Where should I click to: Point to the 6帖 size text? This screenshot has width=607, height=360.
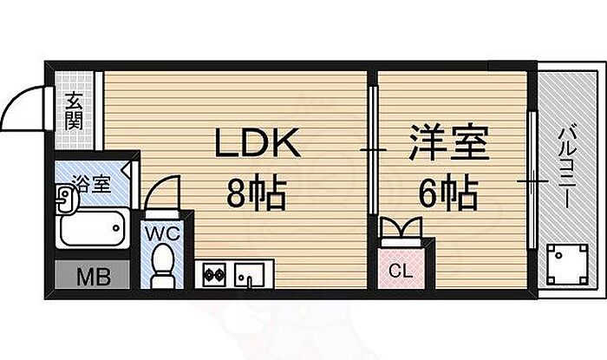tap(447, 193)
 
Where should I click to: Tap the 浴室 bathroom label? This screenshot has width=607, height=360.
tap(91, 183)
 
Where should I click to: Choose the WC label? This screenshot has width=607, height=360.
tap(161, 232)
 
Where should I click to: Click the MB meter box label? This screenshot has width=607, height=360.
tap(90, 278)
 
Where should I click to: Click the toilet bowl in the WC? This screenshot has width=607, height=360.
tap(161, 264)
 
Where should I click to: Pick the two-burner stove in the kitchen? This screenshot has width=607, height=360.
tap(213, 276)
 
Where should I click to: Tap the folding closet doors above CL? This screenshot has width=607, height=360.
tap(401, 230)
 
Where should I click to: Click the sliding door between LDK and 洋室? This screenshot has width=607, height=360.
tap(372, 151)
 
